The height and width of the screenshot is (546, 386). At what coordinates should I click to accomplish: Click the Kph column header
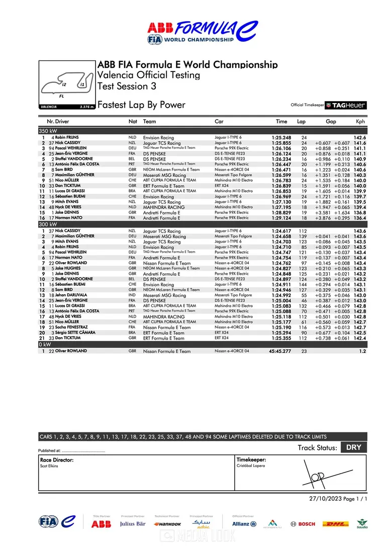click(x=360, y=121)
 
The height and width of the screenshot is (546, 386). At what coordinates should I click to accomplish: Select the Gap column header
click(x=331, y=121)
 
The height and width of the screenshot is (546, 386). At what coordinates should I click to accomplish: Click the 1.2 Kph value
click(x=362, y=351)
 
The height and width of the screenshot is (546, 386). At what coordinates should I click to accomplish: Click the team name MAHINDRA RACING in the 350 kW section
click(x=164, y=207)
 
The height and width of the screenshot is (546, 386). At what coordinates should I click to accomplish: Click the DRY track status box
click(x=353, y=447)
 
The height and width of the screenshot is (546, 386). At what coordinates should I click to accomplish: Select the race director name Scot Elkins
click(x=50, y=466)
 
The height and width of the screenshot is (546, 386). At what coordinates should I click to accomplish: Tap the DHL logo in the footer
click(x=335, y=524)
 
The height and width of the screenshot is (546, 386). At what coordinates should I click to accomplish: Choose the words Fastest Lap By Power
click(x=141, y=105)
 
